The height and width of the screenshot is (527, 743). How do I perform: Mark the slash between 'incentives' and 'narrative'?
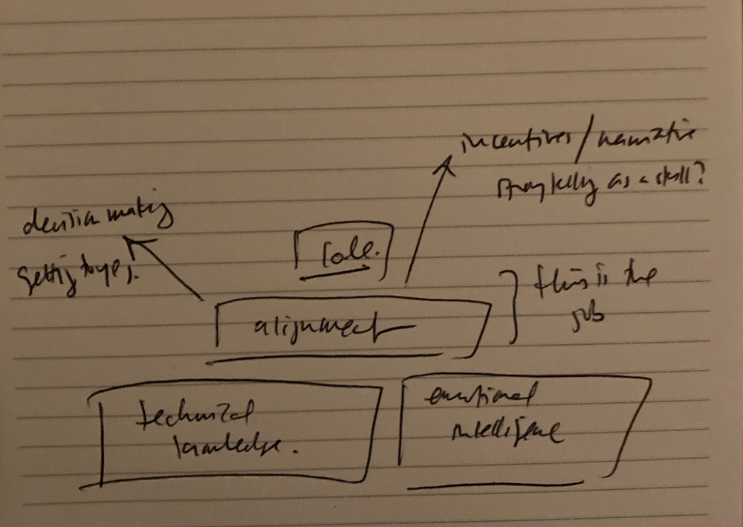[581, 144]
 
